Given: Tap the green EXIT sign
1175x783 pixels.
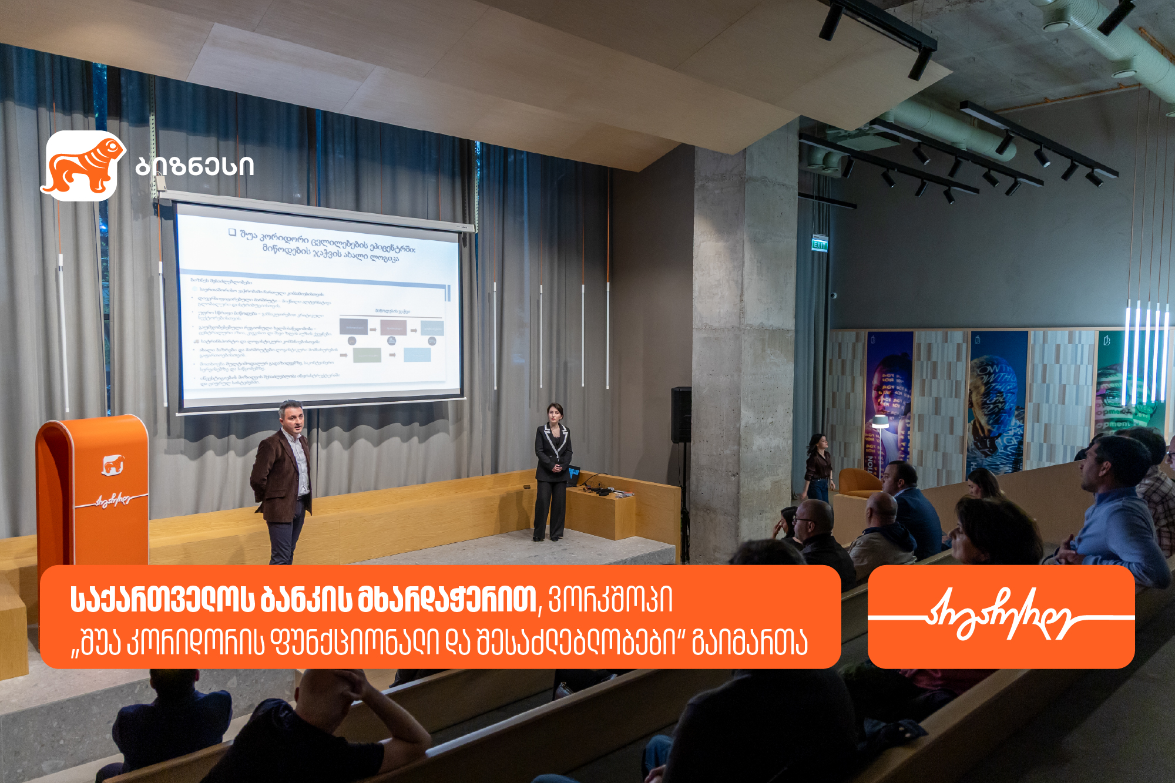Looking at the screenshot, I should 820,244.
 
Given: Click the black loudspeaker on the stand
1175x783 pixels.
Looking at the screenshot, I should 681,414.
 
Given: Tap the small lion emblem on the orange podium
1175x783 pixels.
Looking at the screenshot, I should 112,465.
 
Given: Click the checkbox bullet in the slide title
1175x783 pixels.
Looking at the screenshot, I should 232,233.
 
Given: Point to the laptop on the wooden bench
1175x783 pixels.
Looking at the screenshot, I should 573,474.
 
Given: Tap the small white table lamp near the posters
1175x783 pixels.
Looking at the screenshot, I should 879,422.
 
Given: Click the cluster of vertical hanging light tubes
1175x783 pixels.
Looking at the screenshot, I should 1146,352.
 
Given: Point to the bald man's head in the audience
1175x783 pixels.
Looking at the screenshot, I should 881,508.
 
